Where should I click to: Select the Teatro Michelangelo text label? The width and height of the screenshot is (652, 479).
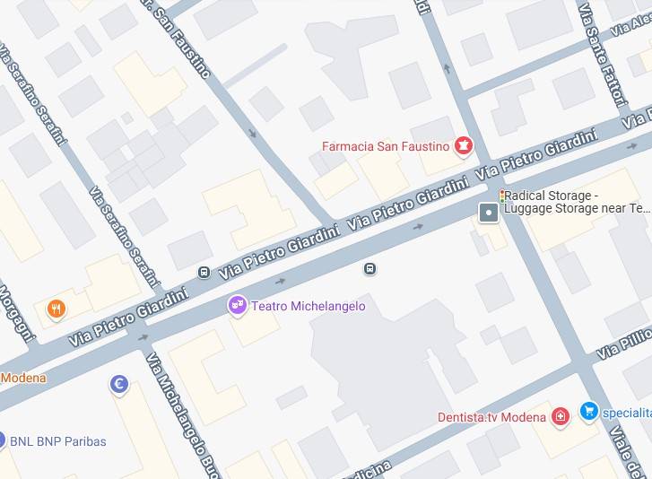[308, 307]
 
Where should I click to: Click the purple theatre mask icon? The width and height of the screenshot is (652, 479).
[237, 307]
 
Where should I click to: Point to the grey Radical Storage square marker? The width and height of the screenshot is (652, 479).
[489, 213]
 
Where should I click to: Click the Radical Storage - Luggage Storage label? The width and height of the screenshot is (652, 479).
[574, 202]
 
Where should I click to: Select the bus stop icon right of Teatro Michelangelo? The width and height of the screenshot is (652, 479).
[369, 269]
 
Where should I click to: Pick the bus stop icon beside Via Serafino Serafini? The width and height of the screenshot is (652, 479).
[204, 272]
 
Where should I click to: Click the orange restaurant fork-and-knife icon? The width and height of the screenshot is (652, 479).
[57, 310]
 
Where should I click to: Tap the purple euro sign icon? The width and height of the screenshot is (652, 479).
[118, 385]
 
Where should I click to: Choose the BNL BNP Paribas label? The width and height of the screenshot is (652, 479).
[57, 441]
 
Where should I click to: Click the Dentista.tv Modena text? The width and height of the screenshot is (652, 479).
[491, 417]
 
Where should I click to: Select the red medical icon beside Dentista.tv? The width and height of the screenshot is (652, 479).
[561, 416]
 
